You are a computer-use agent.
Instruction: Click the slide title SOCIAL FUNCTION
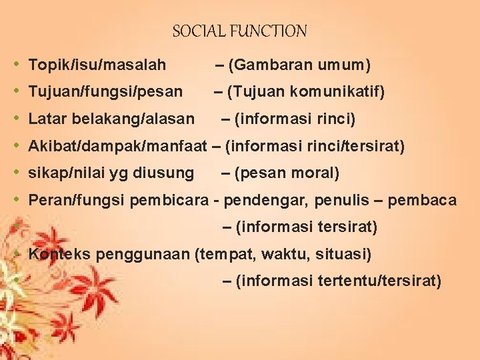click(x=239, y=31)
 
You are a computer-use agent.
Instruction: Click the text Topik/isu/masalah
click(x=97, y=65)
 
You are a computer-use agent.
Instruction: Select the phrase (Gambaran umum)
click(x=299, y=65)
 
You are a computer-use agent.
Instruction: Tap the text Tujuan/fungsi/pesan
click(x=105, y=92)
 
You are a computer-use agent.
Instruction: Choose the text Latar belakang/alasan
click(x=111, y=119)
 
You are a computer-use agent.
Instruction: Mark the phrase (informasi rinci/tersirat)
click(x=315, y=146)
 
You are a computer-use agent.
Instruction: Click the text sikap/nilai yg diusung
click(x=111, y=173)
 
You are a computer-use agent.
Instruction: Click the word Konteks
click(x=61, y=254)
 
